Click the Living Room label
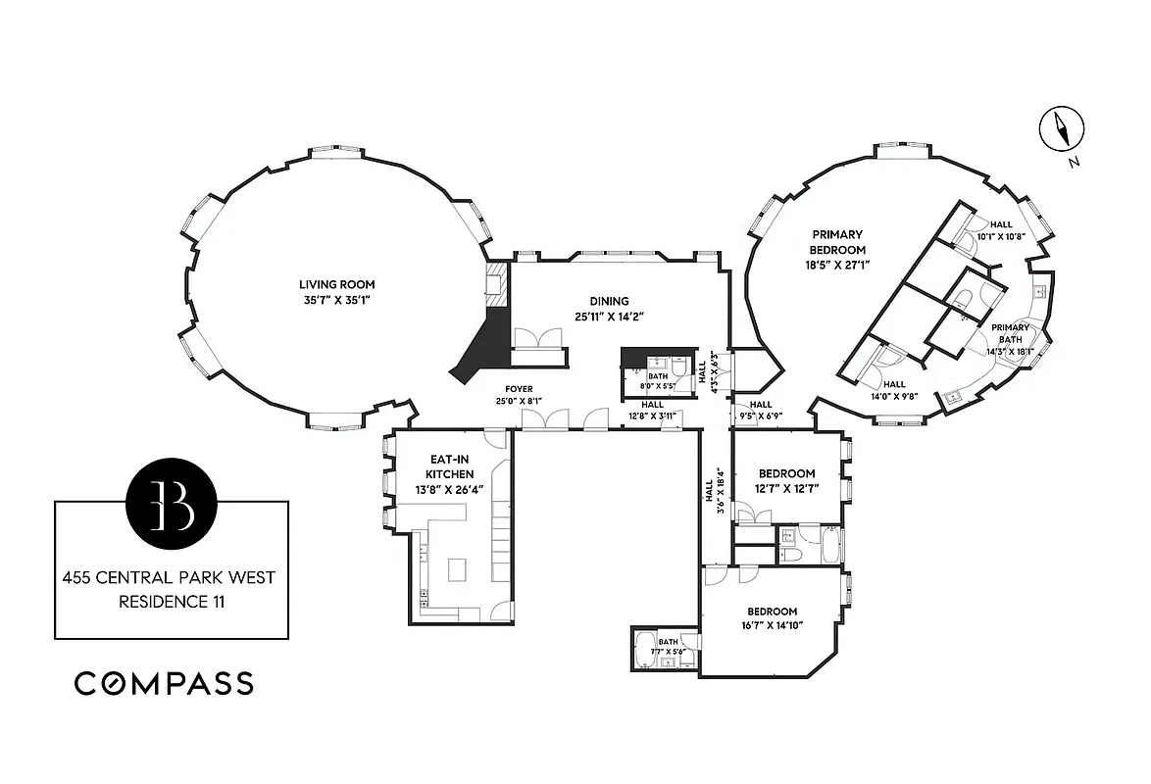coord(337,285)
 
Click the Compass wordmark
coord(164,683)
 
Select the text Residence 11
coord(171,602)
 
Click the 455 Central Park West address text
coord(171,578)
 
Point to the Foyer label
coord(519,389)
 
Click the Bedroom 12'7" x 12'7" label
coord(786,473)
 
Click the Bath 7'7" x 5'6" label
coord(667,644)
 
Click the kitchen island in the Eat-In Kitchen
coord(456,569)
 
